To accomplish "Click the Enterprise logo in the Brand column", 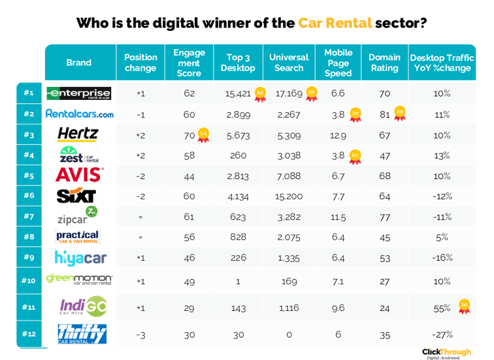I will tap(79, 93).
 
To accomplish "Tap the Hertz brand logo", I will tap(78, 135).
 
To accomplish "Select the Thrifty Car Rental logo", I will tap(81, 334).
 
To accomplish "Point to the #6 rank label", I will tap(29, 196).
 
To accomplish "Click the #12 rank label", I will tap(29, 334).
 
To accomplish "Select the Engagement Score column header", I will tap(189, 63).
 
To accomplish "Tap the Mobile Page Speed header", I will tap(338, 63).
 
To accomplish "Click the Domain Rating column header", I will tap(384, 63).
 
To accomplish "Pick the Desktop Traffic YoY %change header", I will tap(442, 63).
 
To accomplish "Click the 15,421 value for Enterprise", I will tap(238, 94).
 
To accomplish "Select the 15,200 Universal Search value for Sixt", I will tap(288, 196).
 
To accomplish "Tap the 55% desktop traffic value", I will tap(442, 308).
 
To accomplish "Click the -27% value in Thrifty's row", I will tap(442, 334).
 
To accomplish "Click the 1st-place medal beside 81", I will tap(400, 114).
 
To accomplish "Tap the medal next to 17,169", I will tap(312, 93).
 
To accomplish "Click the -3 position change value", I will tap(140, 334).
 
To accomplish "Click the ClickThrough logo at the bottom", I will tap(446, 352).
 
